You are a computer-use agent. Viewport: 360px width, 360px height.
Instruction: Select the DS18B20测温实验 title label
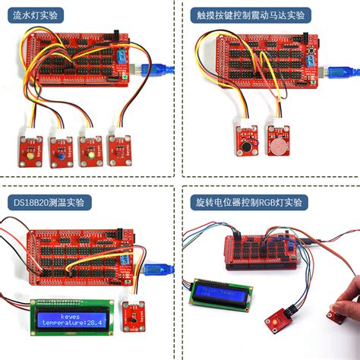pyautogui.click(x=48, y=202)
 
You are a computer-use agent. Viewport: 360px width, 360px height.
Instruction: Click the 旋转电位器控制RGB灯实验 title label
pyautogui.click(x=248, y=202)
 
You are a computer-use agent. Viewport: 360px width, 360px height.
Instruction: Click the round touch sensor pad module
pyautogui.click(x=279, y=141)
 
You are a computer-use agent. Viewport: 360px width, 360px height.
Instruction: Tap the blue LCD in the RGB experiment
pyautogui.click(x=222, y=292)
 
